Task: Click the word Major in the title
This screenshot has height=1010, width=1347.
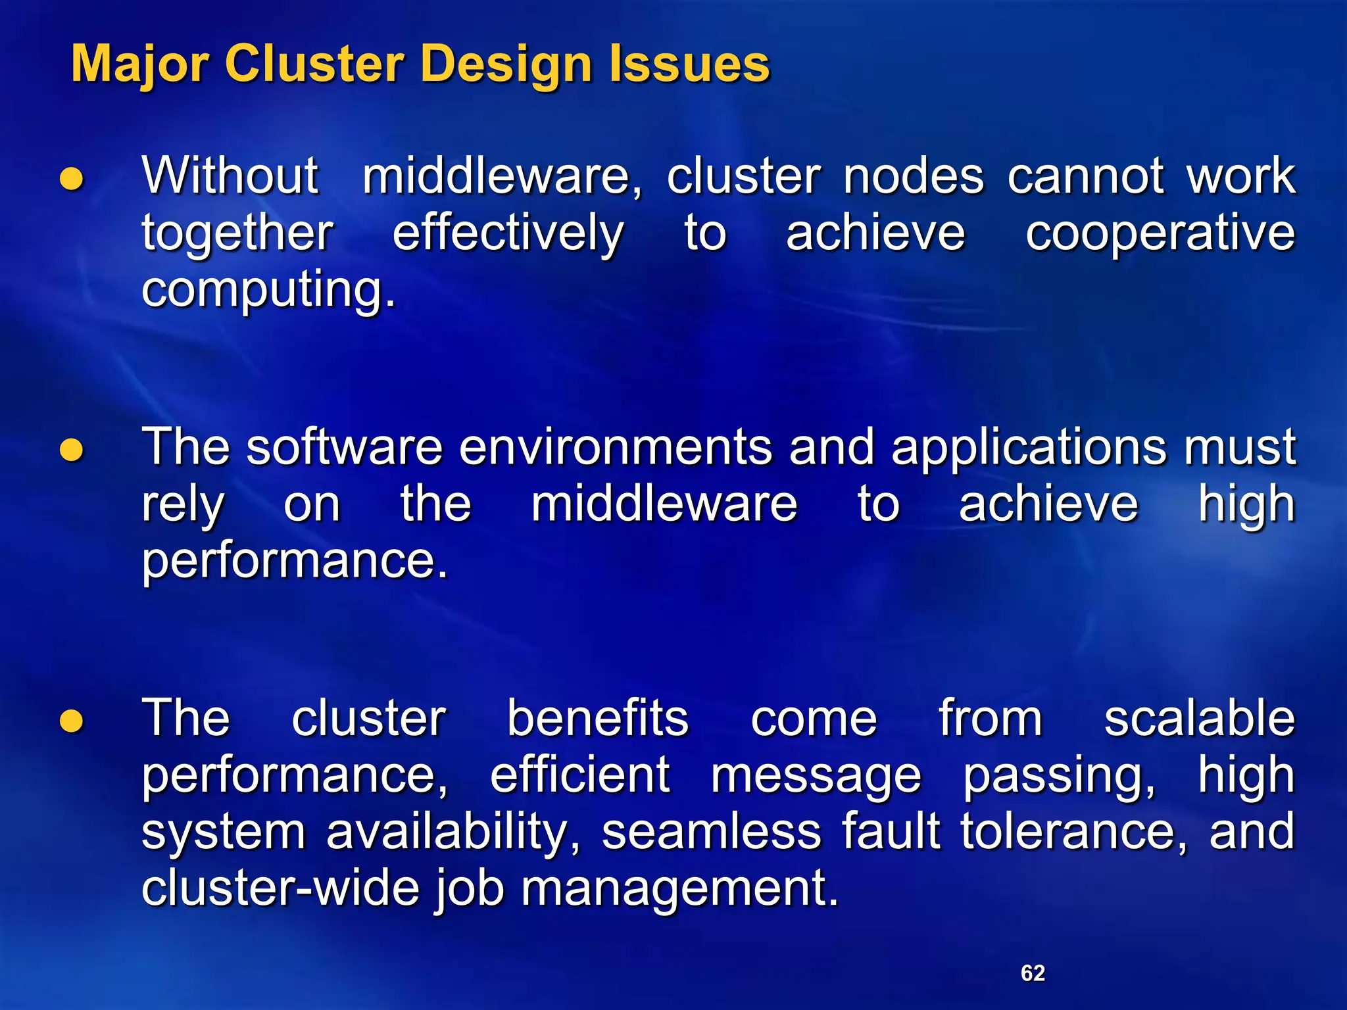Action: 139,64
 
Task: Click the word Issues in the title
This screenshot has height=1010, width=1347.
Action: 689,64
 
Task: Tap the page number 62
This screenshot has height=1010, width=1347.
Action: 1033,973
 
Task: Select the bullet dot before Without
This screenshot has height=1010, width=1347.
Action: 72,178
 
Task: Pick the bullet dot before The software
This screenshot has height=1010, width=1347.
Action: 72,450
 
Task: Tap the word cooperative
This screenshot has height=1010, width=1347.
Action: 1160,233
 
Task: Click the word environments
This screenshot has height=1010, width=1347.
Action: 616,447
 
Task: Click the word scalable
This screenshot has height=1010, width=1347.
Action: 1199,718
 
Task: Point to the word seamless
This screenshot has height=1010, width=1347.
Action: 710,831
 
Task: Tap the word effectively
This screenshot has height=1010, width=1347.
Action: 508,234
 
